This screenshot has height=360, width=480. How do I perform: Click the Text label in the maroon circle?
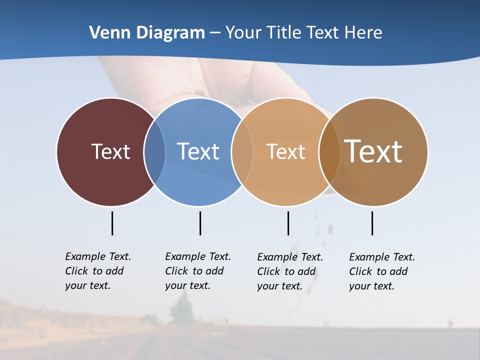coord(110,151)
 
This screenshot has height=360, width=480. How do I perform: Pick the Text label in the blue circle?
coord(198,151)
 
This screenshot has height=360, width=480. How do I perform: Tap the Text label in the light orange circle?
coord(285,151)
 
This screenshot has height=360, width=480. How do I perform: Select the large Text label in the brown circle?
coord(373,151)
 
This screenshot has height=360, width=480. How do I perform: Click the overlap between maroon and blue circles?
coord(154,151)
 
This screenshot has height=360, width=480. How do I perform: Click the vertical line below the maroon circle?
coord(112,223)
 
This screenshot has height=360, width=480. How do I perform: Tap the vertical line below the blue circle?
coord(200,223)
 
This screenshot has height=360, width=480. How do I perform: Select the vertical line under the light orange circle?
coord(288,223)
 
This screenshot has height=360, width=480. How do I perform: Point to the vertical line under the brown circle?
coord(372,223)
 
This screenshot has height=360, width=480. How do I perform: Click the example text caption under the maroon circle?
coord(98,271)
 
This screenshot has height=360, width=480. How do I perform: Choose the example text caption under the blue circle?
coord(198,271)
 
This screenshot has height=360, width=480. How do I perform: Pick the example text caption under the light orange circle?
coord(290,271)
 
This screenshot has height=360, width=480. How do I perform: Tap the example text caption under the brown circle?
coord(382,271)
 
